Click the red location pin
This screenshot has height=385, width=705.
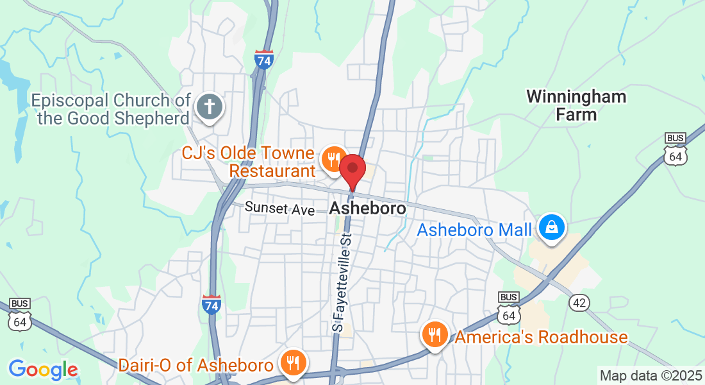coord(352,170)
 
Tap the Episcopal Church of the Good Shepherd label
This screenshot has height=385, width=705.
coord(112,109)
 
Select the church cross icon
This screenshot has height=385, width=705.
coord(209,107)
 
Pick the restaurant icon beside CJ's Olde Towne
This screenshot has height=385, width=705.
coord(333,158)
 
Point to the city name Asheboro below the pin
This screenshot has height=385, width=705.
coord(367,209)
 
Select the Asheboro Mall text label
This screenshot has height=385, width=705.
coord(474,230)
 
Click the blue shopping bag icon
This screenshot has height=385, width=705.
coord(551,227)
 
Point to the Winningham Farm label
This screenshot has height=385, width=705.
coord(576,106)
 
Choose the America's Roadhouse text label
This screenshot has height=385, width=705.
coord(541,337)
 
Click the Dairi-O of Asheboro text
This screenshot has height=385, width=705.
coord(196,365)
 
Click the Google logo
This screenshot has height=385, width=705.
coord(43,370)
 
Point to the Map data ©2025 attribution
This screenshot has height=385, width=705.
coord(649,375)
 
